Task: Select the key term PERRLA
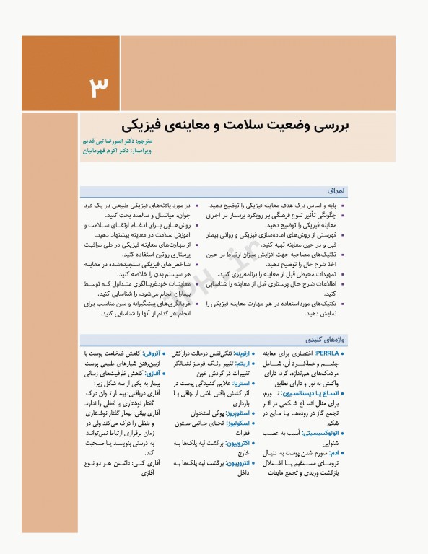(x=332, y=353)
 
